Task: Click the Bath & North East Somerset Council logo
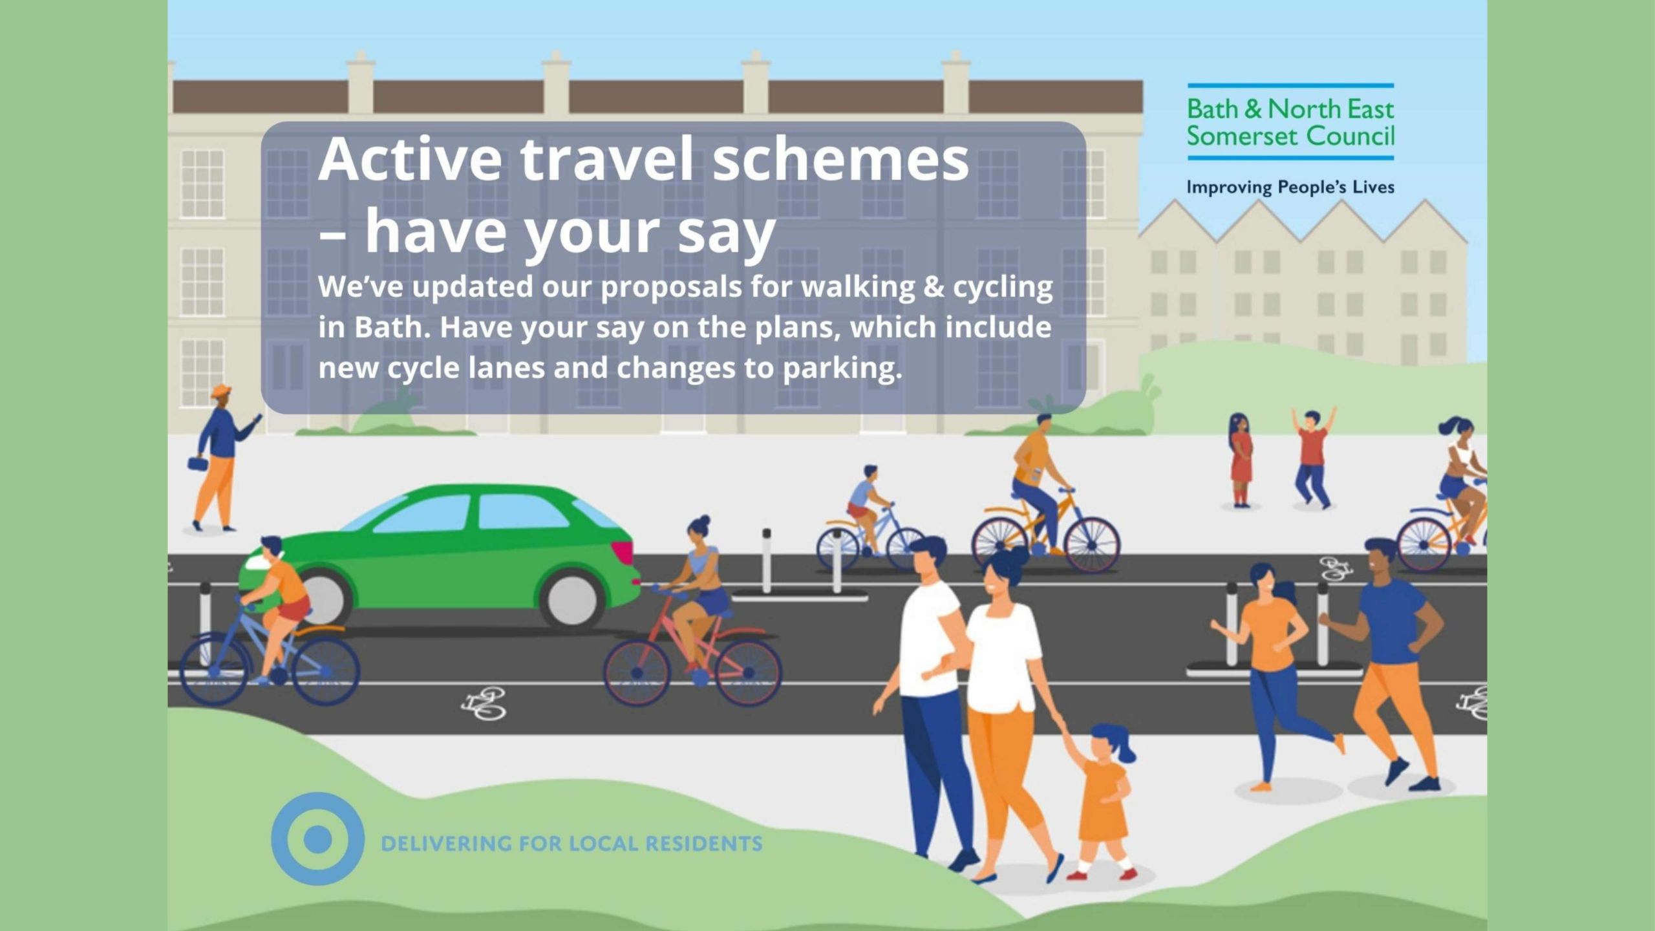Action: pyautogui.click(x=1290, y=122)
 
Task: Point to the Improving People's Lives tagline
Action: pyautogui.click(x=1290, y=187)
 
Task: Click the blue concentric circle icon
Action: pyautogui.click(x=317, y=839)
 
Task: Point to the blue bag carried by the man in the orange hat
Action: pyautogui.click(x=196, y=464)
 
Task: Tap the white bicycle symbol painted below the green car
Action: pyautogui.click(x=484, y=704)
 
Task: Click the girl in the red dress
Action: pyautogui.click(x=1241, y=459)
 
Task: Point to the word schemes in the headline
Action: pyautogui.click(x=840, y=160)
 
